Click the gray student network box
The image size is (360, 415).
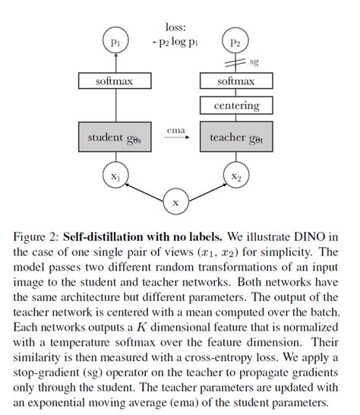click(x=115, y=137)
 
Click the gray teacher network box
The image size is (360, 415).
click(x=236, y=137)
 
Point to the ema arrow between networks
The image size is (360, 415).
click(x=176, y=137)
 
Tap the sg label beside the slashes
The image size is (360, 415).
click(x=254, y=62)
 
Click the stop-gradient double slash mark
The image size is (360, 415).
click(x=235, y=63)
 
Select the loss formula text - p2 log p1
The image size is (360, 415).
click(x=175, y=42)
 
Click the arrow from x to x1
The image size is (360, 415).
click(x=144, y=192)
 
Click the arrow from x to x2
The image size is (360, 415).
click(x=207, y=192)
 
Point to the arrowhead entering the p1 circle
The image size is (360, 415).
click(x=115, y=55)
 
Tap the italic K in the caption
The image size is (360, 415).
click(x=142, y=327)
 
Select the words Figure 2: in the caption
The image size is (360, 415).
click(x=36, y=237)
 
